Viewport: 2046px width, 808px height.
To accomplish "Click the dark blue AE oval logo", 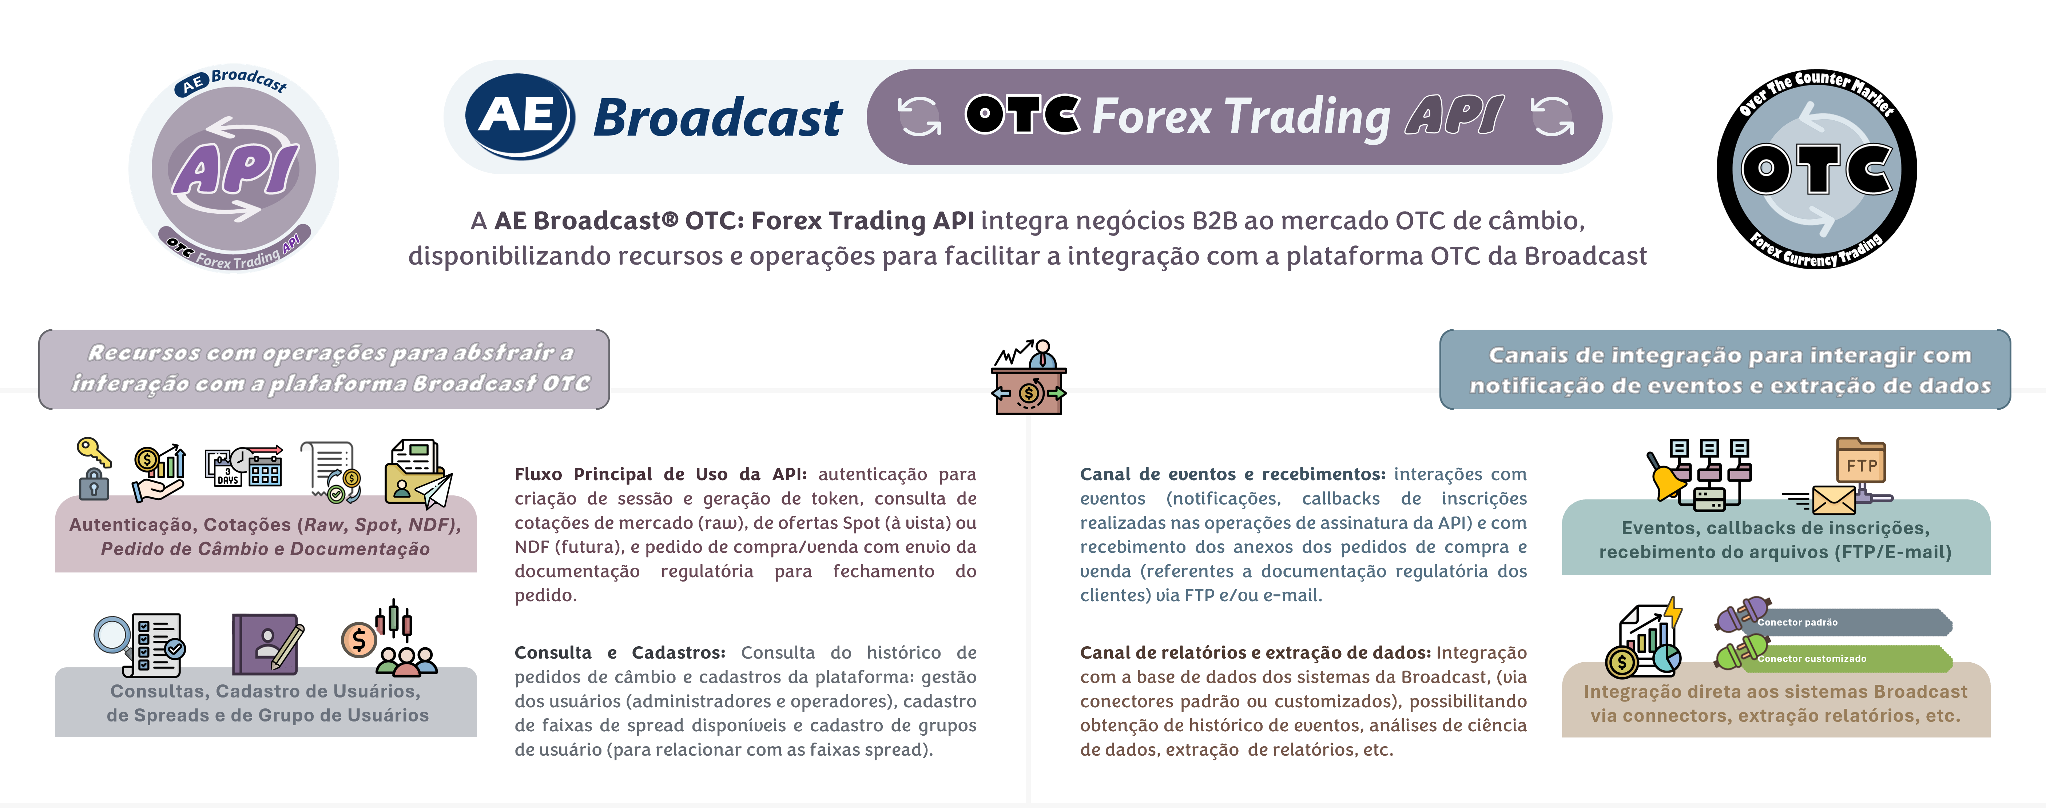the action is pyautogui.click(x=520, y=116).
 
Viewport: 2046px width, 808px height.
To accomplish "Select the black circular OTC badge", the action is pyautogui.click(x=1816, y=168).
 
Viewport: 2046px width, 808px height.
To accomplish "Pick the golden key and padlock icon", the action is pyautogui.click(x=94, y=468).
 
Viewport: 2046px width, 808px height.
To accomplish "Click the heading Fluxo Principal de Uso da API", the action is pyautogui.click(x=660, y=474).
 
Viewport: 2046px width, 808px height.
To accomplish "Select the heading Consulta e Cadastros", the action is pyautogui.click(x=620, y=652).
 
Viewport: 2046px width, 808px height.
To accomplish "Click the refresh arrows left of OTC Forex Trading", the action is pyautogui.click(x=919, y=117).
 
